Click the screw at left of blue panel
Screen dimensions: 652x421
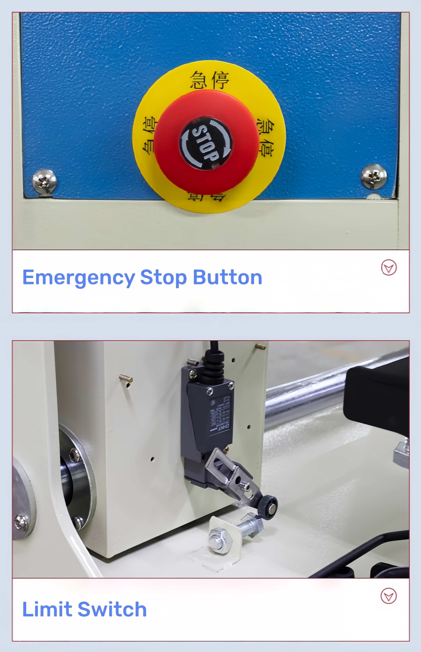click(x=44, y=181)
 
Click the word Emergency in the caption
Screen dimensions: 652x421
click(x=78, y=278)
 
